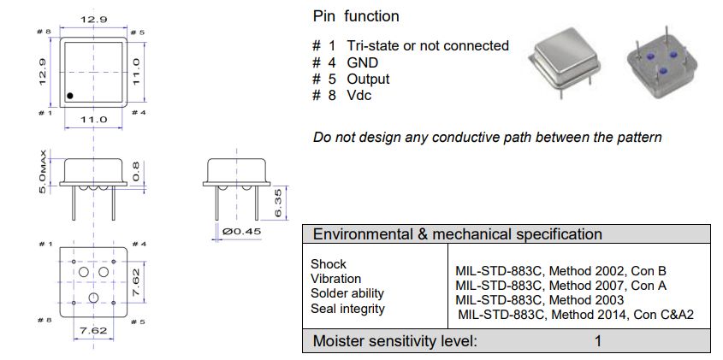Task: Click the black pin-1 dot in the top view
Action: [71, 95]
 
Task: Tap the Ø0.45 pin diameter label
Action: [240, 230]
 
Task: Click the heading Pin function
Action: [356, 16]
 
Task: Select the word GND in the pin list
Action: [362, 62]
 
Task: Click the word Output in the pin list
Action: [368, 79]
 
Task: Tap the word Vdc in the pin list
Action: [359, 95]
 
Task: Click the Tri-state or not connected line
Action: [427, 45]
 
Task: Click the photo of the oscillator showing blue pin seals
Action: [665, 65]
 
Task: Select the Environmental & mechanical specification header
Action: [458, 234]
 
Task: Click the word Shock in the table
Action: [329, 264]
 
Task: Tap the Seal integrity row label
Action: [347, 308]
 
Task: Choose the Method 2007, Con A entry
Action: [560, 286]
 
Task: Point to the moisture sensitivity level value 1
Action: [598, 341]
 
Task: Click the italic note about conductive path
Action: [487, 137]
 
